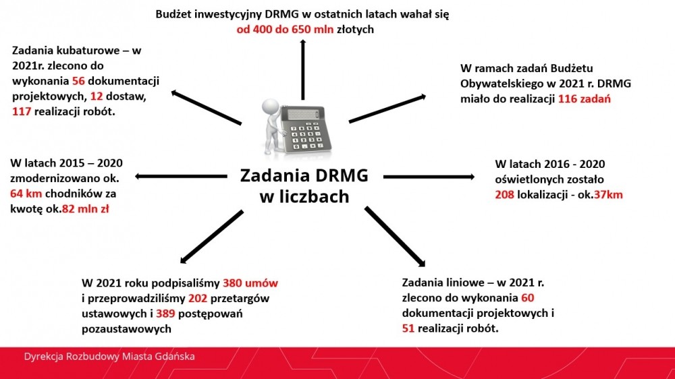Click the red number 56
click(x=78, y=81)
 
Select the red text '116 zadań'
click(x=584, y=99)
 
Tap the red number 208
click(x=504, y=194)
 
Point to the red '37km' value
click(x=608, y=194)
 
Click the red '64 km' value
click(x=26, y=194)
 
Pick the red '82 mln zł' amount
click(x=85, y=209)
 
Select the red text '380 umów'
click(x=250, y=283)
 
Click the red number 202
click(x=198, y=298)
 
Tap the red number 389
click(x=165, y=314)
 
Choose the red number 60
click(x=527, y=297)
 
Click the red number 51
click(x=408, y=328)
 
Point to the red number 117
click(x=22, y=111)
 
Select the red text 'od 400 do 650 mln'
click(x=285, y=29)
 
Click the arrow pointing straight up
click(x=303, y=69)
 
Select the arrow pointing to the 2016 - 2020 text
click(x=429, y=177)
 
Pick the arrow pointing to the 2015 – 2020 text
click(x=181, y=176)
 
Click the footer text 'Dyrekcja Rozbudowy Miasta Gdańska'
click(x=109, y=357)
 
